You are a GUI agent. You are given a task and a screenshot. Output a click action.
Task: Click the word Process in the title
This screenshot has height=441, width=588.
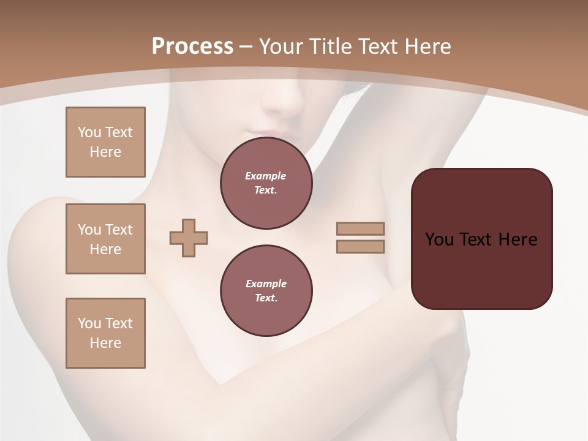point(192,46)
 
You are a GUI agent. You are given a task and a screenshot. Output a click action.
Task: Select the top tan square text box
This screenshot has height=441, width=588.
point(105,142)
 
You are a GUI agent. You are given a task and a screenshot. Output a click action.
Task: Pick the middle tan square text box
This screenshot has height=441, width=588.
point(105,239)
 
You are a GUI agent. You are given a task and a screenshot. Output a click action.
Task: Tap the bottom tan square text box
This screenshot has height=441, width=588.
point(105,333)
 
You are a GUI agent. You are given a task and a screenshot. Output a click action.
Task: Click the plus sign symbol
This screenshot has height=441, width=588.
point(189,238)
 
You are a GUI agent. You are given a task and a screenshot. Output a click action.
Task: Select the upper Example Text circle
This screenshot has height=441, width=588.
point(266,183)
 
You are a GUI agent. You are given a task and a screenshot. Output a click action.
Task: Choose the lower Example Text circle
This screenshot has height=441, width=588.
point(266,291)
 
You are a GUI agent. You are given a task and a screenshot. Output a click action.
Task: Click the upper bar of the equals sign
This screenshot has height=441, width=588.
point(360,228)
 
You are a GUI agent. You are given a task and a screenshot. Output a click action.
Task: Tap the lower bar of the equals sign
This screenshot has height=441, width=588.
point(360,247)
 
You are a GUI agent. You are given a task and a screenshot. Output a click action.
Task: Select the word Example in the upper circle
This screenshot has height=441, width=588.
point(266,176)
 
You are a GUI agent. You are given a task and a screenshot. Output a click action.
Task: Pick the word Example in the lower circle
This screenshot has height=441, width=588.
point(266,284)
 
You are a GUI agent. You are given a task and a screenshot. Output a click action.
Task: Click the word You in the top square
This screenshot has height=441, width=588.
point(89,132)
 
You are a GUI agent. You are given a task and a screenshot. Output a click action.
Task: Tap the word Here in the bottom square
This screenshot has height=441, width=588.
point(105,343)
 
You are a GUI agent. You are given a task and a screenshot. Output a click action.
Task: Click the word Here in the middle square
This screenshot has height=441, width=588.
point(105,249)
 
